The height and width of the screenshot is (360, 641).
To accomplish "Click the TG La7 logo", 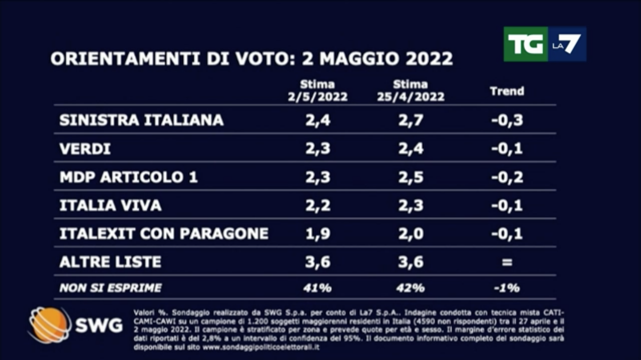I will pyautogui.click(x=545, y=44).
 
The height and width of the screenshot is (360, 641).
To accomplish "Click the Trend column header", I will pyautogui.click(x=507, y=91).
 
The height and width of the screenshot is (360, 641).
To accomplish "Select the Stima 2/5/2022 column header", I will pyautogui.click(x=317, y=91).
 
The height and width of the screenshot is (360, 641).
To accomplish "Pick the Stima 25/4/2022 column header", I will pyautogui.click(x=411, y=91).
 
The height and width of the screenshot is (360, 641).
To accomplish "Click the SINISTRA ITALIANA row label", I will pyautogui.click(x=141, y=120).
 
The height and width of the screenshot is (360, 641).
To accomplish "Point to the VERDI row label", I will pyautogui.click(x=85, y=149).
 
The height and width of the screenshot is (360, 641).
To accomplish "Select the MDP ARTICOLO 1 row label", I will pyautogui.click(x=129, y=177).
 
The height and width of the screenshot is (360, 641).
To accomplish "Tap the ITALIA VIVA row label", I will pyautogui.click(x=110, y=205).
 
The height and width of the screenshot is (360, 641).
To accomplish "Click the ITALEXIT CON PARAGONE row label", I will pyautogui.click(x=164, y=234).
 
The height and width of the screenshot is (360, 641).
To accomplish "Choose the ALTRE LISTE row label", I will pyautogui.click(x=110, y=262).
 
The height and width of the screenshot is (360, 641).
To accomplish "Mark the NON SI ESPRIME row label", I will pyautogui.click(x=110, y=288).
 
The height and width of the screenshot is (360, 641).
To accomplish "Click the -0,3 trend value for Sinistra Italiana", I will pyautogui.click(x=507, y=120).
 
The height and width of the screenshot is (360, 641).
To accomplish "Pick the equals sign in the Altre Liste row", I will pyautogui.click(x=507, y=262).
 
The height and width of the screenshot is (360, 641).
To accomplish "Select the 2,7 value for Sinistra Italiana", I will pyautogui.click(x=411, y=120).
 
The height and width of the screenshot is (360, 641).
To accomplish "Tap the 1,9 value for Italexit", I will pyautogui.click(x=317, y=234).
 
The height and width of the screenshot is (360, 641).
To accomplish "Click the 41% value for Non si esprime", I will pyautogui.click(x=317, y=288).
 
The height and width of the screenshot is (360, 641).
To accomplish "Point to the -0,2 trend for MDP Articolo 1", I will pyautogui.click(x=507, y=177).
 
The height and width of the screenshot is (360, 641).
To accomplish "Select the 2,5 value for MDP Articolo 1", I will pyautogui.click(x=411, y=177).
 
